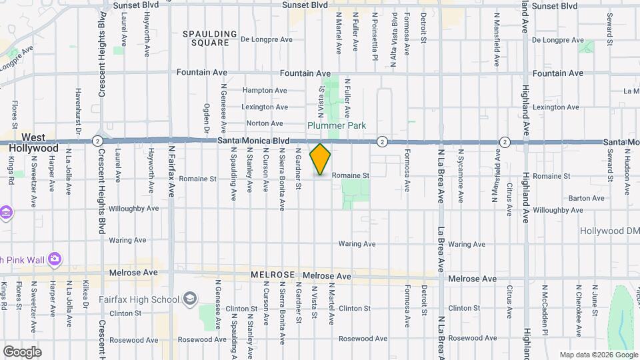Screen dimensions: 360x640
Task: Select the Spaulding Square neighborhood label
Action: click(x=210, y=38)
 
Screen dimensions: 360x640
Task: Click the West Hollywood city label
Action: click(x=33, y=142)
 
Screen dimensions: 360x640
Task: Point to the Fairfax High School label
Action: click(x=141, y=299)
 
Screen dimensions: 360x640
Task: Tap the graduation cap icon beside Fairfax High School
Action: click(x=190, y=298)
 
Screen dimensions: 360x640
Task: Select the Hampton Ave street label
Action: click(x=265, y=90)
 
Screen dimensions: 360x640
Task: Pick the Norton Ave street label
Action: click(x=265, y=123)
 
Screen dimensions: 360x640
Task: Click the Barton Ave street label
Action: click(x=587, y=198)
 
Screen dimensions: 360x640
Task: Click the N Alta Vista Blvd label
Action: click(x=393, y=32)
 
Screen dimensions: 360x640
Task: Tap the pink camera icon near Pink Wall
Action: click(x=55, y=259)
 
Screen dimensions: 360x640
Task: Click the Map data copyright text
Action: click(x=599, y=355)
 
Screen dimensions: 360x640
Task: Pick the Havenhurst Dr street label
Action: click(x=78, y=111)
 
